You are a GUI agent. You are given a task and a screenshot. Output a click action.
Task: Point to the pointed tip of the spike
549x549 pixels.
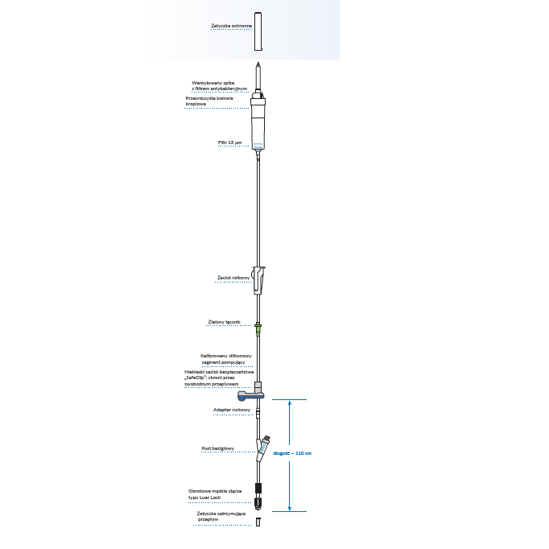[258, 64]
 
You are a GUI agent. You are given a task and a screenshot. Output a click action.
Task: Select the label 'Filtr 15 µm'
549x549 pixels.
[229, 142]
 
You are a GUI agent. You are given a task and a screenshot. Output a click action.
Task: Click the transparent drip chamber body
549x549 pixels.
[258, 125]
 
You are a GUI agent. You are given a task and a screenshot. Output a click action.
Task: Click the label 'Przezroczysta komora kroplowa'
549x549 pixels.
[209, 101]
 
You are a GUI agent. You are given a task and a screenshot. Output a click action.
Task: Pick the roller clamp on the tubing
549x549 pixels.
[258, 279]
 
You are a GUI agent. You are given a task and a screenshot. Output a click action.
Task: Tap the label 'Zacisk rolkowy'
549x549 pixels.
[233, 279]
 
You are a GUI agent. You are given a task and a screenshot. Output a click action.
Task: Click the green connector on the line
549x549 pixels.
[258, 328]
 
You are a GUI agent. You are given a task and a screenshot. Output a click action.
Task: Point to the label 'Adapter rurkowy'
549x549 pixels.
[232, 410]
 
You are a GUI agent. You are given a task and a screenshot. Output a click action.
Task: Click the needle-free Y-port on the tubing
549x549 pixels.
[264, 444]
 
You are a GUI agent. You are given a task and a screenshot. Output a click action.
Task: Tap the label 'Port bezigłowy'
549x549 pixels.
[217, 448]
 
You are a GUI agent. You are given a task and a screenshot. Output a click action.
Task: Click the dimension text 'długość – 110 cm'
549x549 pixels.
[291, 454]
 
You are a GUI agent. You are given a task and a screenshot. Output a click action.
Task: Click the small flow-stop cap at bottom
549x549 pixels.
[258, 522]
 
